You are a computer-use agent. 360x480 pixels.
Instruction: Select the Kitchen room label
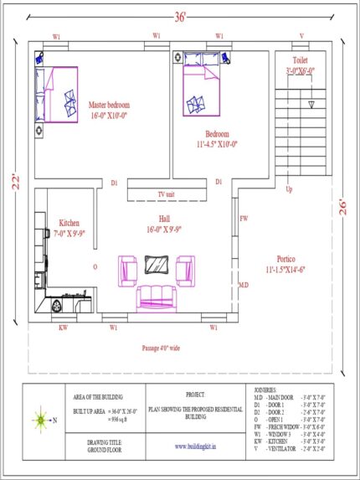point(69,224)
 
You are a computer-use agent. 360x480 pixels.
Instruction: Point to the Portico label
point(285,260)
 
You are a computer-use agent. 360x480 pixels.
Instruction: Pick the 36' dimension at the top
point(179,15)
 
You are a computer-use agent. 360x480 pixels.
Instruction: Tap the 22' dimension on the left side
point(14,183)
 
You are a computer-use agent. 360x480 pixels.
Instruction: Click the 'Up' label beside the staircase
point(290,189)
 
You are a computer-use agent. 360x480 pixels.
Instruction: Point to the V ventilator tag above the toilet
point(302,36)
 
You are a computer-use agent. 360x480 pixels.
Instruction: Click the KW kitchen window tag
point(63,328)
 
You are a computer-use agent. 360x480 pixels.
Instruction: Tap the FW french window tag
point(244,219)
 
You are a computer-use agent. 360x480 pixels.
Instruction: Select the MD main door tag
point(244,286)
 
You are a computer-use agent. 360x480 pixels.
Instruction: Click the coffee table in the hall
point(156,266)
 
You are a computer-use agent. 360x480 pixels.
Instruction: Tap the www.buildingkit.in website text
point(196,447)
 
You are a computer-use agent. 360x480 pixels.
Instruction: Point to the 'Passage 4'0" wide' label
point(167,347)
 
